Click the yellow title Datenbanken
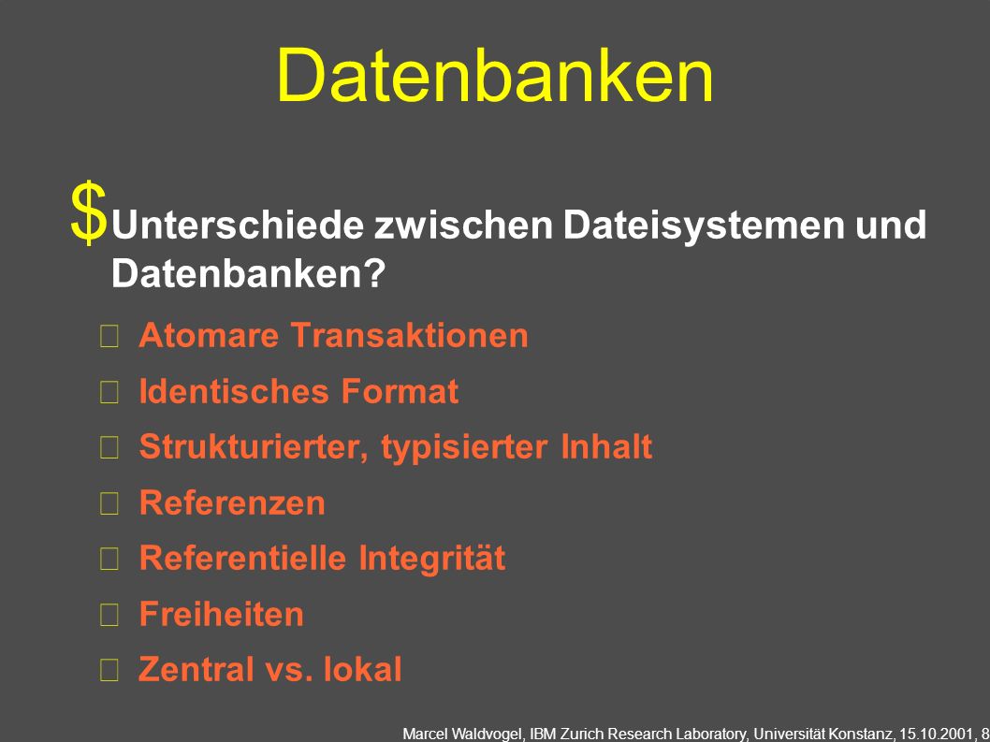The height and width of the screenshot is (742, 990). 495,75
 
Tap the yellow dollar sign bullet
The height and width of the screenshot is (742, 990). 88,211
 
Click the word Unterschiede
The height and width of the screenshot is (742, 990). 237,225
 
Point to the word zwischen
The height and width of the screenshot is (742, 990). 463,225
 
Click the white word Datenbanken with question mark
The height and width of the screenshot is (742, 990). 248,273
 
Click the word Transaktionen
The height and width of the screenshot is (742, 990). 409,335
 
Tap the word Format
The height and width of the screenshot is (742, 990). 399,391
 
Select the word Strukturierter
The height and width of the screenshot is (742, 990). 255,446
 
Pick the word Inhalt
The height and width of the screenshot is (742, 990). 606,446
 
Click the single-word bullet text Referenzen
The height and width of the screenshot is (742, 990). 232,502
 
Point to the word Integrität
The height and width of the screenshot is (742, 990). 432,559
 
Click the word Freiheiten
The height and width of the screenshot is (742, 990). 221,614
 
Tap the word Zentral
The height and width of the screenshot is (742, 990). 196,669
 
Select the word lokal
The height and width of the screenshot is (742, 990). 362,669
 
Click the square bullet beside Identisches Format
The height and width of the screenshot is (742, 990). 109,393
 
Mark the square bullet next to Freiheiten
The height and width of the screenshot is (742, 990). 109,615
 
